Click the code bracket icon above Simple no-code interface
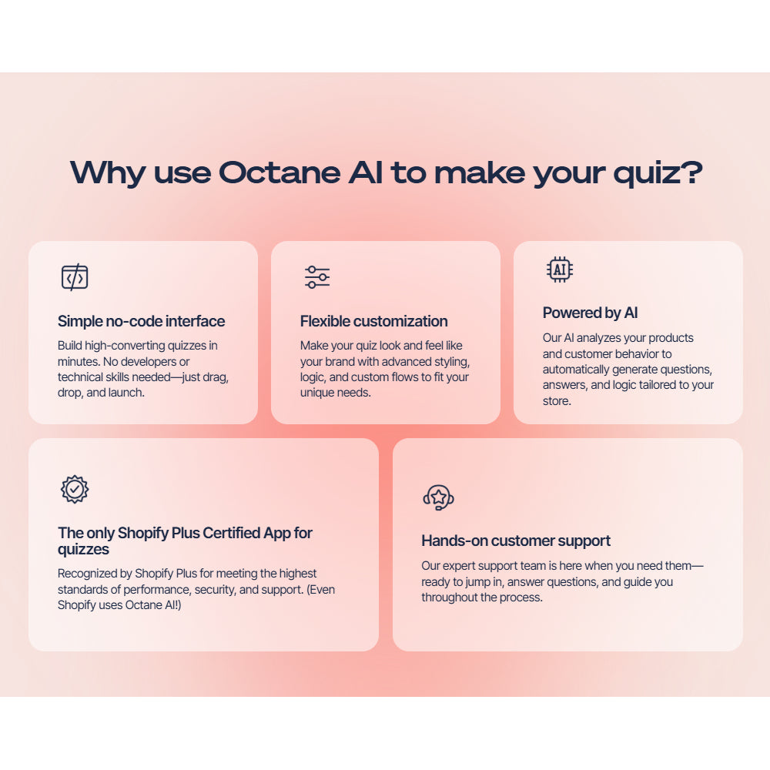pos(75,277)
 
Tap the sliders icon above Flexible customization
pos(317,277)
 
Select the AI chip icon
pos(560,269)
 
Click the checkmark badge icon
pos(75,489)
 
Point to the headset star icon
pos(438,497)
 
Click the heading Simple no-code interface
pos(142,321)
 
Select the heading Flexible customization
pos(373,321)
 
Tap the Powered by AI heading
pos(590,313)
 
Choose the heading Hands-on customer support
pos(516,541)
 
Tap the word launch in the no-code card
pos(126,393)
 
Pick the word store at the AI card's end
pos(556,401)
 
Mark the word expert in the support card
pos(460,566)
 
